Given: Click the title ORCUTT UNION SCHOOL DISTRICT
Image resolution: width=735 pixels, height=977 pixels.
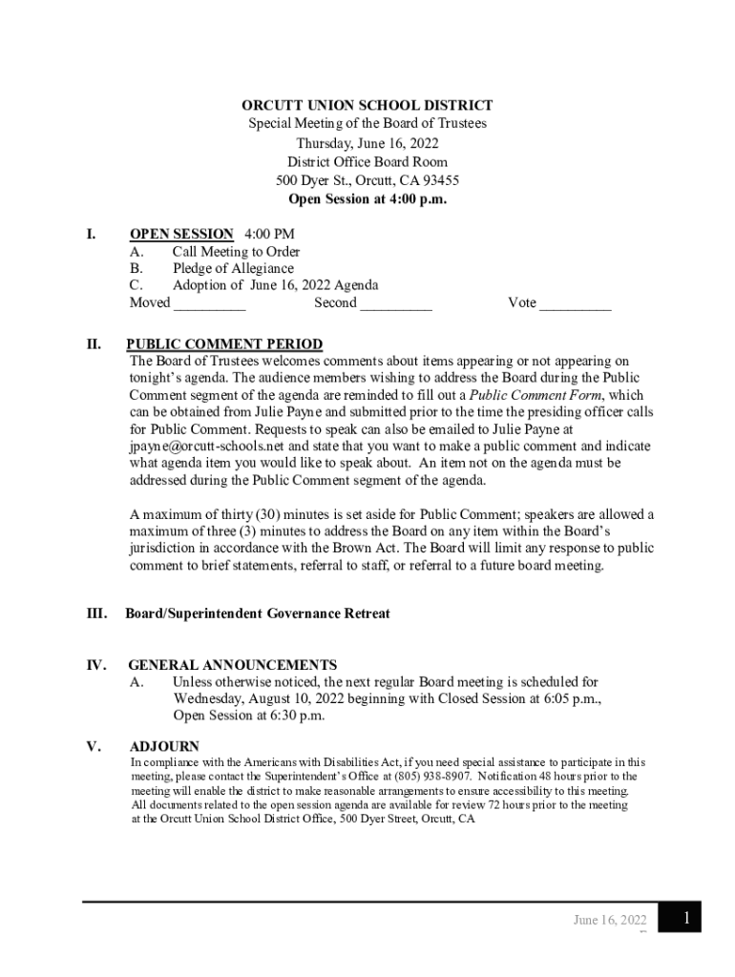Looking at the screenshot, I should (367, 106).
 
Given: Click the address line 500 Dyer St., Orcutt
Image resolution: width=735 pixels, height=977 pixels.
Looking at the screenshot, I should (367, 180).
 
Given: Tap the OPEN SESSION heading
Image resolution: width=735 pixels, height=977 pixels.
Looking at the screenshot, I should (181, 234).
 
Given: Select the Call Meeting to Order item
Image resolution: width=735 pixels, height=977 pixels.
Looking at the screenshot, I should (236, 252).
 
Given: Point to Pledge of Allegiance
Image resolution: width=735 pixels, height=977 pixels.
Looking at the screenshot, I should (233, 269).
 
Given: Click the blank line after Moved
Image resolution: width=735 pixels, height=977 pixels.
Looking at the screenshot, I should (210, 305).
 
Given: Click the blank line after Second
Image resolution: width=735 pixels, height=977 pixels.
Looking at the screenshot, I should (396, 305).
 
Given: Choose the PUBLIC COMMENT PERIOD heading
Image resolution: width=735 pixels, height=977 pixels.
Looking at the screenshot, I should (224, 344).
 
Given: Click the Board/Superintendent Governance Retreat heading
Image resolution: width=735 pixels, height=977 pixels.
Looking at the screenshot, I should (258, 613).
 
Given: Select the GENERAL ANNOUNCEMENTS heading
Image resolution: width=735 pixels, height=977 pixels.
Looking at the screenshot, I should (233, 665).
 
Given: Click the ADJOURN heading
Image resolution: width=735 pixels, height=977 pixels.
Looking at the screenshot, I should (164, 746).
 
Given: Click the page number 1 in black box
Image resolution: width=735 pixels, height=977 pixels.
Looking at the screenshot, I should (685, 918).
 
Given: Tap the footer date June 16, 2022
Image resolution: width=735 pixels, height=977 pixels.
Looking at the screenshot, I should (610, 921).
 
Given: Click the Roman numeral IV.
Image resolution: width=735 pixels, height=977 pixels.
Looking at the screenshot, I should (95, 665).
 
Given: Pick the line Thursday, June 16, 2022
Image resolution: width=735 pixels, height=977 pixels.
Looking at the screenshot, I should (367, 143).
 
